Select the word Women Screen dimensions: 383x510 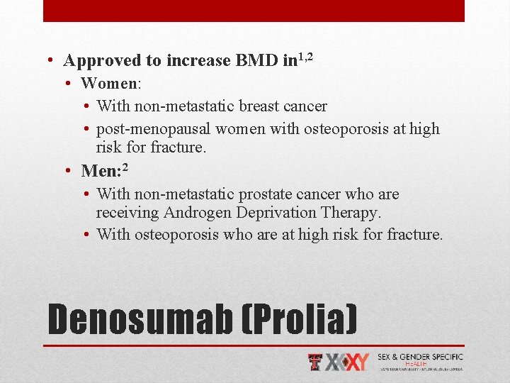click(110, 84)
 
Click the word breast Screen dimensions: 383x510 click(258, 106)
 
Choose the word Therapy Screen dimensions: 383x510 click(351, 213)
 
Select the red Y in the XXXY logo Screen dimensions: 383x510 click(361, 362)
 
